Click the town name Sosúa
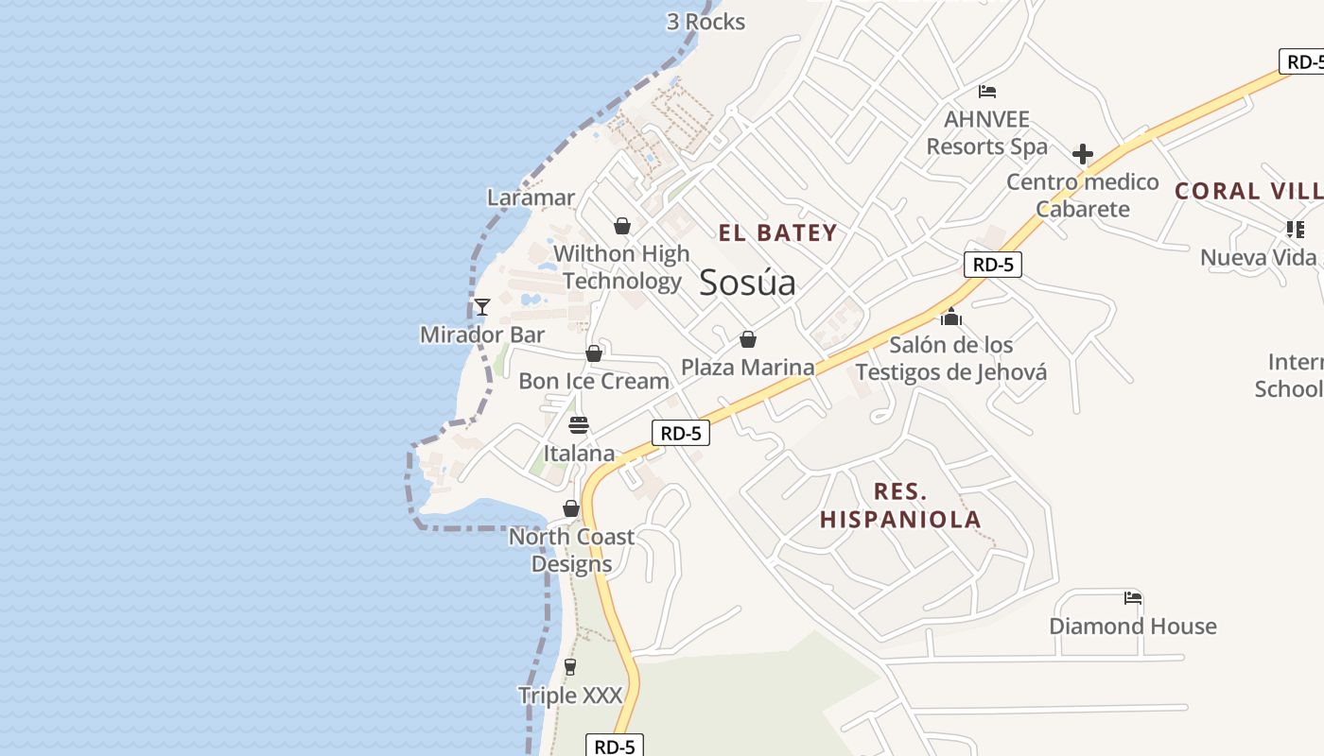pyautogui.click(x=747, y=283)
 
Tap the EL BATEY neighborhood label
pyautogui.click(x=777, y=233)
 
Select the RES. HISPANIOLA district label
pyautogui.click(x=899, y=506)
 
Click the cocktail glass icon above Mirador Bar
pyautogui.click(x=481, y=306)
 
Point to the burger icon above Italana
pyautogui.click(x=579, y=425)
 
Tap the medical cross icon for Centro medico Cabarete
pyautogui.click(x=1083, y=154)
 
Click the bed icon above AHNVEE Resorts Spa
pyautogui.click(x=987, y=92)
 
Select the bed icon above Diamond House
pyautogui.click(x=1133, y=597)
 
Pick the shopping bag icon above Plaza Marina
pyautogui.click(x=748, y=339)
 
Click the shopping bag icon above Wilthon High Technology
pyautogui.click(x=622, y=226)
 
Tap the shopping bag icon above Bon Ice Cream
pyautogui.click(x=594, y=353)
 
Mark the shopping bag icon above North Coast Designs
pyautogui.click(x=571, y=508)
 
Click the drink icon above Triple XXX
pyautogui.click(x=569, y=667)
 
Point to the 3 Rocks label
pyautogui.click(x=706, y=22)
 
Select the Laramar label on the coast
pyautogui.click(x=531, y=198)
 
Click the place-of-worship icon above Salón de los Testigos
pyautogui.click(x=950, y=317)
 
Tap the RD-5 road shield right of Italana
pyautogui.click(x=680, y=434)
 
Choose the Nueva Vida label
pyautogui.click(x=1258, y=257)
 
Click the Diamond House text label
pyautogui.click(x=1132, y=626)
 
